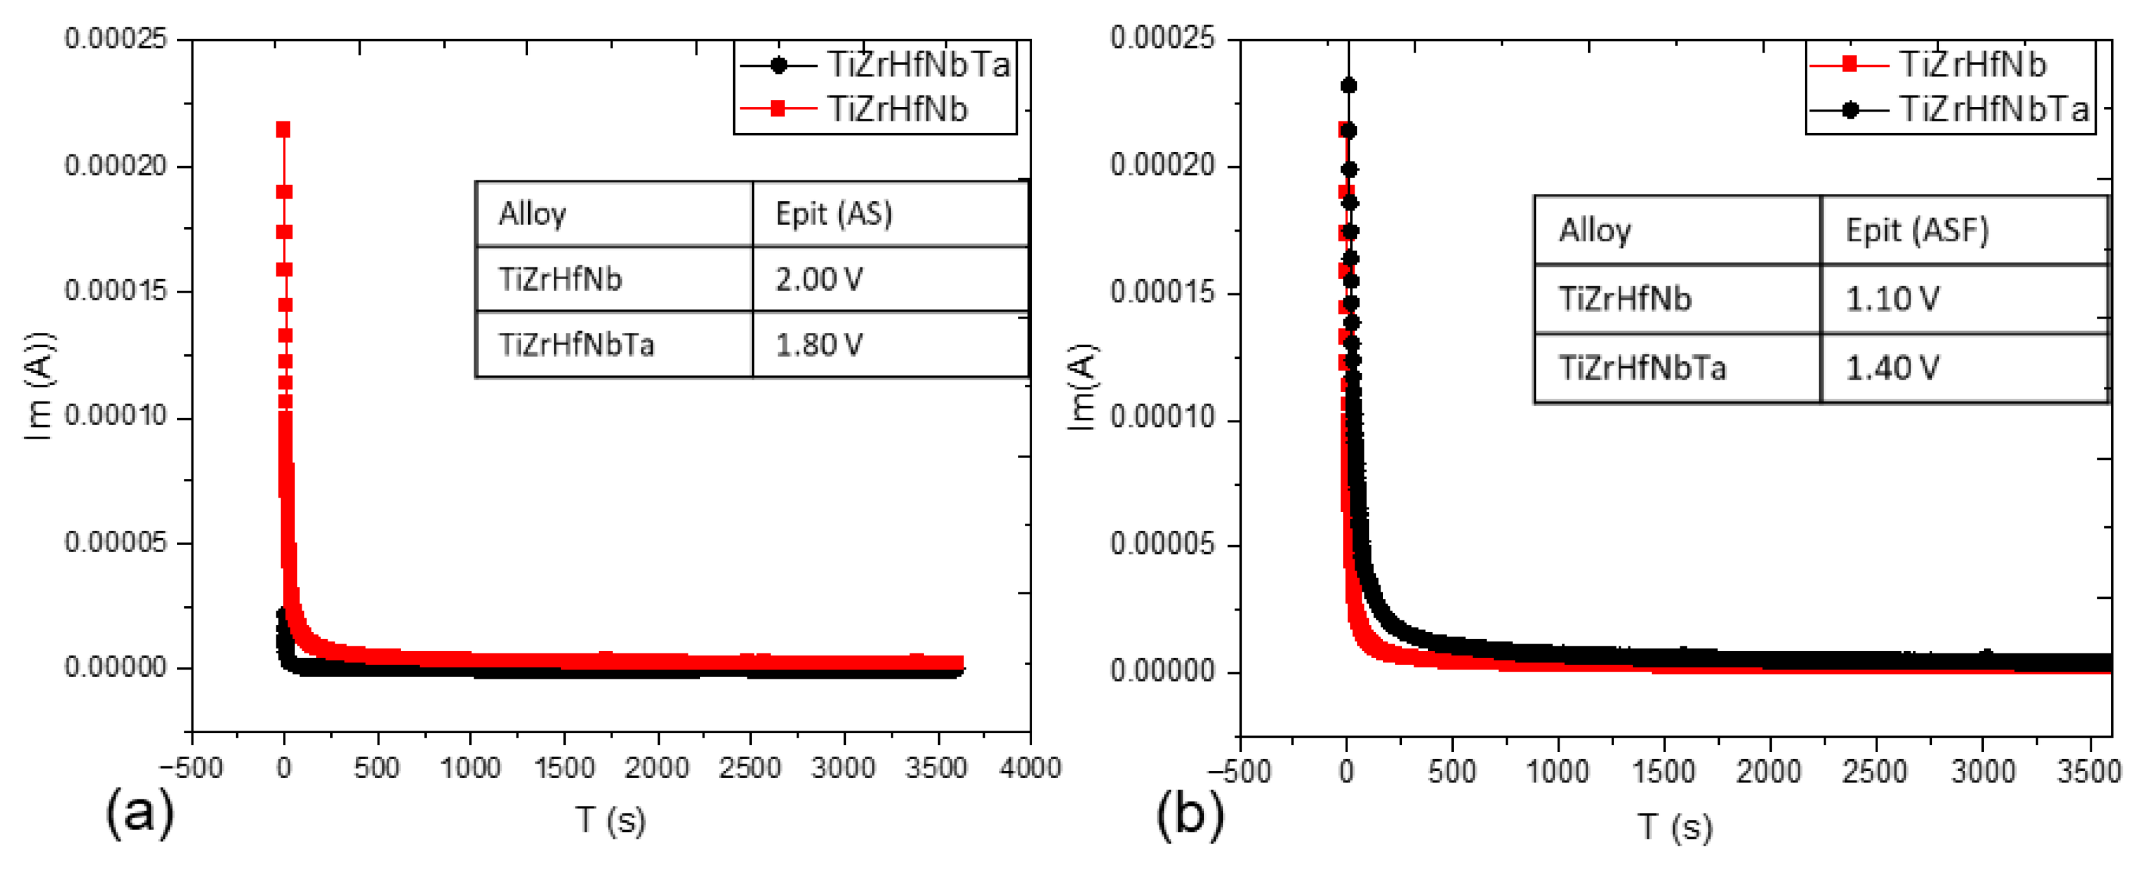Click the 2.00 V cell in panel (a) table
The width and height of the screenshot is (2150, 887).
tap(819, 279)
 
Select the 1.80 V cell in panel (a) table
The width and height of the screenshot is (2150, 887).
tap(819, 345)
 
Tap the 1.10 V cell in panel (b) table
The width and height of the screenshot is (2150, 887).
tap(1891, 298)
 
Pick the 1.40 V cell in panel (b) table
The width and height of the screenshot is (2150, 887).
tap(1891, 368)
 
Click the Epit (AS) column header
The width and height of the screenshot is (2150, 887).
tap(833, 214)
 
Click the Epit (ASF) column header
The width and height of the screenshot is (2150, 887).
tap(1916, 230)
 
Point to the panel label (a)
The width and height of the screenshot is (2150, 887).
tap(139, 813)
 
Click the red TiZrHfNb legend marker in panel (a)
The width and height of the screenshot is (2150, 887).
tap(778, 108)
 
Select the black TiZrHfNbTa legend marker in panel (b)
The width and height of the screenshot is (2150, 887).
tap(1850, 109)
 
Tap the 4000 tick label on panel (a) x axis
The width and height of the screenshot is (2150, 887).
tap(1030, 768)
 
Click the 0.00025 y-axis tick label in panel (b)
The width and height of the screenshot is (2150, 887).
tap(1162, 38)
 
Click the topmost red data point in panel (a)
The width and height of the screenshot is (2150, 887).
tap(283, 129)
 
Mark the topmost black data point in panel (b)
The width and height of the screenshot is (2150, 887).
tap(1349, 85)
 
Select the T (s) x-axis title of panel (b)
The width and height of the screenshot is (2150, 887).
tap(1674, 826)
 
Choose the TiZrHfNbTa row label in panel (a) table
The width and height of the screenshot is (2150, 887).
tap(576, 345)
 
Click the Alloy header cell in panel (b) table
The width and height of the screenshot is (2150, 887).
tap(1594, 230)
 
